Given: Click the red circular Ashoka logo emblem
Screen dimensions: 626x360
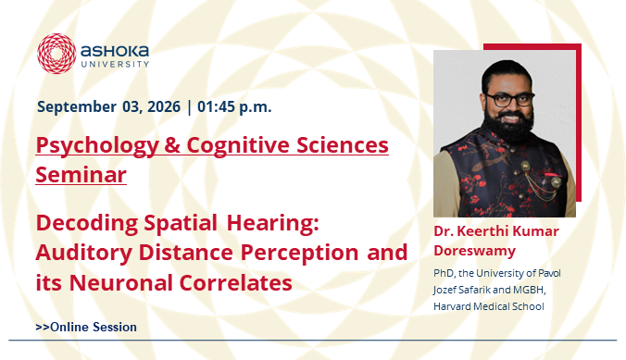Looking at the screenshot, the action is (x=56, y=54).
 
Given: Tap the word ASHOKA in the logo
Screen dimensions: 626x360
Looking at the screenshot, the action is (x=115, y=51).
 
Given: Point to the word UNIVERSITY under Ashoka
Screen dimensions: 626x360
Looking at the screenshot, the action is (x=115, y=64).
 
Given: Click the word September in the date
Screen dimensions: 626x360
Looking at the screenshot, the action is (x=77, y=107).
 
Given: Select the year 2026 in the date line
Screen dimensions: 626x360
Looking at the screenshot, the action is (x=164, y=106).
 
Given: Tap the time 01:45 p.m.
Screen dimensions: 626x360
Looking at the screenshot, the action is (x=234, y=107).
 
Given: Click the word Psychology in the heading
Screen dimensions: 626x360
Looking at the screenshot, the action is (x=97, y=145).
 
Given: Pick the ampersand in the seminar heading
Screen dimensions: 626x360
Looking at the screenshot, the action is (x=172, y=145).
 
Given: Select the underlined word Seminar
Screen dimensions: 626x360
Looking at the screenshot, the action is (x=81, y=175).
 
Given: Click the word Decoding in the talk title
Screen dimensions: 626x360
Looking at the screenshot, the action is (x=87, y=224).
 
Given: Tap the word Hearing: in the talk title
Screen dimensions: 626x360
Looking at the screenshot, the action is (x=273, y=224).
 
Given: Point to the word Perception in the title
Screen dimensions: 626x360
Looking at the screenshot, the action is (x=299, y=254).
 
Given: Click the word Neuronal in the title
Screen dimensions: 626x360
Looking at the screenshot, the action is (x=121, y=282).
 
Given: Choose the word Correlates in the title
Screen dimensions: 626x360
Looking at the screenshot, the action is (x=235, y=282).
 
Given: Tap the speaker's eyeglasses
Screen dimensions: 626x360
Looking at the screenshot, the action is (x=510, y=100).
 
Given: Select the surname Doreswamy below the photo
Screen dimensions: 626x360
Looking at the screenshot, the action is (x=475, y=252).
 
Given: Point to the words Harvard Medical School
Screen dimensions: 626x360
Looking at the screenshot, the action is (x=489, y=306).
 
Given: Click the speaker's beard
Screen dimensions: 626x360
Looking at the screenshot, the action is (x=508, y=127).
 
